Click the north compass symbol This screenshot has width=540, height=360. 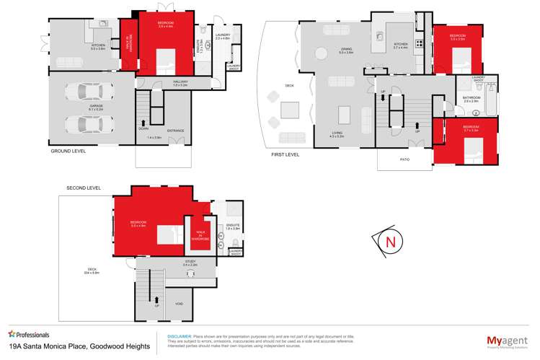coord(390,242)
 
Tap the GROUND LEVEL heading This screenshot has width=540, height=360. coord(68,152)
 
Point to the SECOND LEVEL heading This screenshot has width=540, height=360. coord(83,188)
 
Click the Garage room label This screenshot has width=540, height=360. coord(96,106)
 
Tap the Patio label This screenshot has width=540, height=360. coord(405,160)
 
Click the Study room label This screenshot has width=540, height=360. coord(190,263)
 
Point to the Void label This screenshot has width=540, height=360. coord(178,304)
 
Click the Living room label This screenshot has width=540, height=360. coord(337,133)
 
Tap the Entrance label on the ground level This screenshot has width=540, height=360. coord(175,131)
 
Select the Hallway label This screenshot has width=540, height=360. coord(180,82)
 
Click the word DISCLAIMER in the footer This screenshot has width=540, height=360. coord(180,336)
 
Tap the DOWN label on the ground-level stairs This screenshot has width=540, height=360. coord(143,128)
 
